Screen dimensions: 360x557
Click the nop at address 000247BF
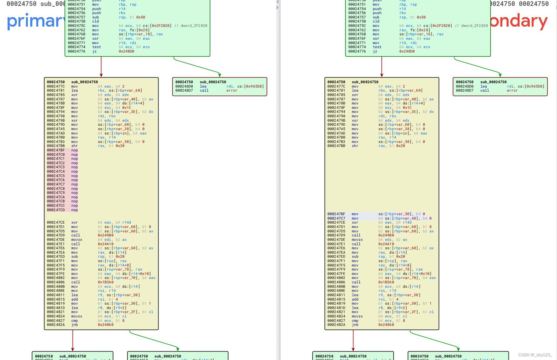coord(74,150)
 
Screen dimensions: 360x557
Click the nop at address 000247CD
coord(74,210)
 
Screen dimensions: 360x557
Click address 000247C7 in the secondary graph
coord(336,218)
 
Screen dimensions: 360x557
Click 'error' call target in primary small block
coord(232,91)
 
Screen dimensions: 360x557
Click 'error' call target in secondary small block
coord(512,91)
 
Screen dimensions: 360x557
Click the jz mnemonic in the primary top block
coord(94,52)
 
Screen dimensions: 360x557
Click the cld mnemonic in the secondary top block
coord(376,22)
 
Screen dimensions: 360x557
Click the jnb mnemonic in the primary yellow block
coord(74,325)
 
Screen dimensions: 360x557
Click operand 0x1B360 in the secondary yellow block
coord(386,282)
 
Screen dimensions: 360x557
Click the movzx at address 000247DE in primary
coord(77,240)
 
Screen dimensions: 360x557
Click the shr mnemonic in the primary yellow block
coord(74,146)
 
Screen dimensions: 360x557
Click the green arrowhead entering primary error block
coord(220,75)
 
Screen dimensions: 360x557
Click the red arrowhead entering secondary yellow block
coord(382,75)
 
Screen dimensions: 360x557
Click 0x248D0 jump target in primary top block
coord(126,52)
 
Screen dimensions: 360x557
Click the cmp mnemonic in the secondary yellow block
coord(355,321)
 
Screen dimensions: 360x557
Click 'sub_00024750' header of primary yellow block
coord(84,82)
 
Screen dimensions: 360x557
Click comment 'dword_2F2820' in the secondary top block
coord(474,26)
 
